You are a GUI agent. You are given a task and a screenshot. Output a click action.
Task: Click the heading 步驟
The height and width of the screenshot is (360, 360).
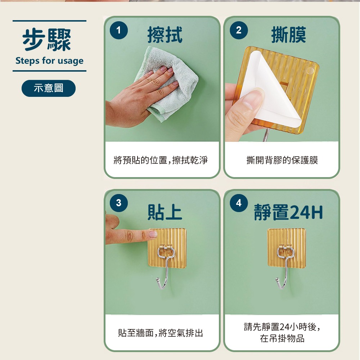[x=47, y=40]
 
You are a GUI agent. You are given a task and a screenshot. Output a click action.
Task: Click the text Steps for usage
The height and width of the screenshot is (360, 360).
[x=49, y=60]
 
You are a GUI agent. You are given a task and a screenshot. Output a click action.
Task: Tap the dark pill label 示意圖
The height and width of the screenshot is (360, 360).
[x=49, y=88]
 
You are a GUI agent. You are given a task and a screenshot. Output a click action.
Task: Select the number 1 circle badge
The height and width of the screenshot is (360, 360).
[x=118, y=31]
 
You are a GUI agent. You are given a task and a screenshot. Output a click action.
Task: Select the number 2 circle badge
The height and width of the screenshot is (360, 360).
[x=239, y=31]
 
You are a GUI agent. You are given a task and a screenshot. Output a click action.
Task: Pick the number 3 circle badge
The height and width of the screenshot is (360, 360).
[x=118, y=203]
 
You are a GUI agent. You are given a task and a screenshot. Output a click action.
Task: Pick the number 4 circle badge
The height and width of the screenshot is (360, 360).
[x=239, y=203]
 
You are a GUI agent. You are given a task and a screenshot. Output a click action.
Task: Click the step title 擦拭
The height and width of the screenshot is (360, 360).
[x=165, y=35]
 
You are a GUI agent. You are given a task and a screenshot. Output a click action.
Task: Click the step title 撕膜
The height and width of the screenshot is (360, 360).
[x=288, y=35]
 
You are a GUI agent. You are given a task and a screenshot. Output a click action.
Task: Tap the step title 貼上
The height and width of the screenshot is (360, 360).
[x=165, y=212]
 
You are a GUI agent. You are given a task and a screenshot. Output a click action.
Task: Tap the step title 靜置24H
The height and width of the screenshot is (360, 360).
[x=288, y=212]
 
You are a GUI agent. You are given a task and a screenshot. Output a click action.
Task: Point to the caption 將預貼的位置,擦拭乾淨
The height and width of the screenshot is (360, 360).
[x=161, y=160]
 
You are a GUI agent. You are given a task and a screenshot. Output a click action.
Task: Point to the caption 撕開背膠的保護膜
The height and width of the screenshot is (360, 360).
[x=282, y=160]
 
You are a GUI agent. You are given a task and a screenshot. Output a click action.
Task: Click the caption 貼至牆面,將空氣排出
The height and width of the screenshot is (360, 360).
[x=161, y=333]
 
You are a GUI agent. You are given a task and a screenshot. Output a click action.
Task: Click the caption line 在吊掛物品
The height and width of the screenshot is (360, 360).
[x=282, y=339]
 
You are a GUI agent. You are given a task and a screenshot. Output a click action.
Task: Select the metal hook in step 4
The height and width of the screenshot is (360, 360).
[x=284, y=266]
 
